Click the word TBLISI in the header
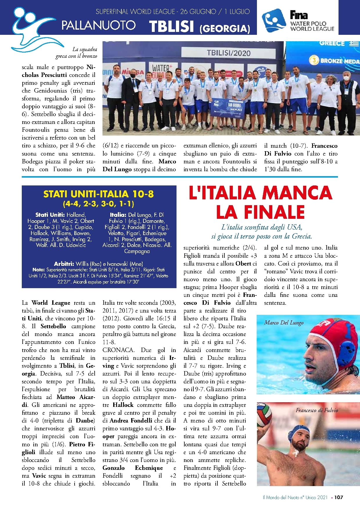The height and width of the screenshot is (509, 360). pos(171,26)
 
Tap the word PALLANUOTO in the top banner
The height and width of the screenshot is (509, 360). pos(98,25)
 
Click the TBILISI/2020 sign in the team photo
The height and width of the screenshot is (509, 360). pos(228,53)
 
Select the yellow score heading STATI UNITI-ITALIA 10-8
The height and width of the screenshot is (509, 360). pos(99,194)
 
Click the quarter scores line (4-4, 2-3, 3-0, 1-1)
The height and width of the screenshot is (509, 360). pos(99,204)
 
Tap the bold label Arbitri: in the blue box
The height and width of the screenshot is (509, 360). pos(64,264)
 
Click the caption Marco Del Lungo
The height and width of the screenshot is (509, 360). pos(284,323)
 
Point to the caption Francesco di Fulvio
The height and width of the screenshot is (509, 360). pos(317,410)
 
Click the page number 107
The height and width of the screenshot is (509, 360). pos(339,497)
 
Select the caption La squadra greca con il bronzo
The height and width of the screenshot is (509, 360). pos(77,53)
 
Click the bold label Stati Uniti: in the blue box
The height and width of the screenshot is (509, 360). pos(50,215)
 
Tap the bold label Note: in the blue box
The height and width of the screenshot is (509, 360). pos(38,270)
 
